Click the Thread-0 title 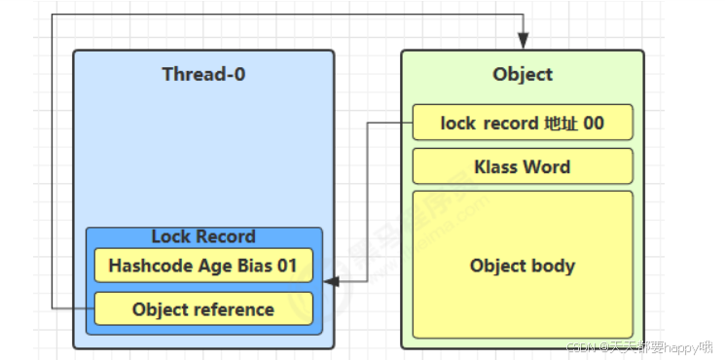[x=203, y=75]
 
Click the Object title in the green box [x=523, y=75]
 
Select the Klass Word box [x=523, y=166]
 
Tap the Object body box [x=523, y=266]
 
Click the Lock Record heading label [x=203, y=236]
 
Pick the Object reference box [x=203, y=309]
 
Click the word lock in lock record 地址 [x=458, y=124]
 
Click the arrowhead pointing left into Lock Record [x=330, y=282]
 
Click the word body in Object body [x=554, y=266]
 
